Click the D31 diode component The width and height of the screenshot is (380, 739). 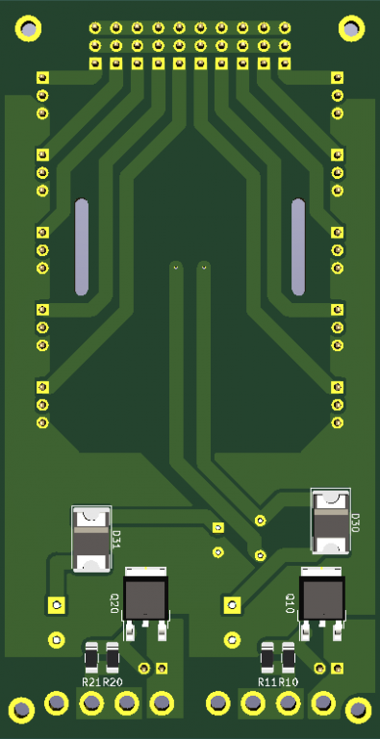click(x=91, y=539)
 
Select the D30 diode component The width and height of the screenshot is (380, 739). click(x=331, y=521)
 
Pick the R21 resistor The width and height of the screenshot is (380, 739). click(x=91, y=657)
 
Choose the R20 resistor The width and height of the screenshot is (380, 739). click(x=113, y=657)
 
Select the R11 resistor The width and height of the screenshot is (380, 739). click(x=267, y=657)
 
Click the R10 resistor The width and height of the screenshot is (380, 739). click(x=289, y=657)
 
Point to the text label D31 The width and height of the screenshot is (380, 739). click(x=116, y=539)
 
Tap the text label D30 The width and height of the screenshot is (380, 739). click(x=356, y=522)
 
